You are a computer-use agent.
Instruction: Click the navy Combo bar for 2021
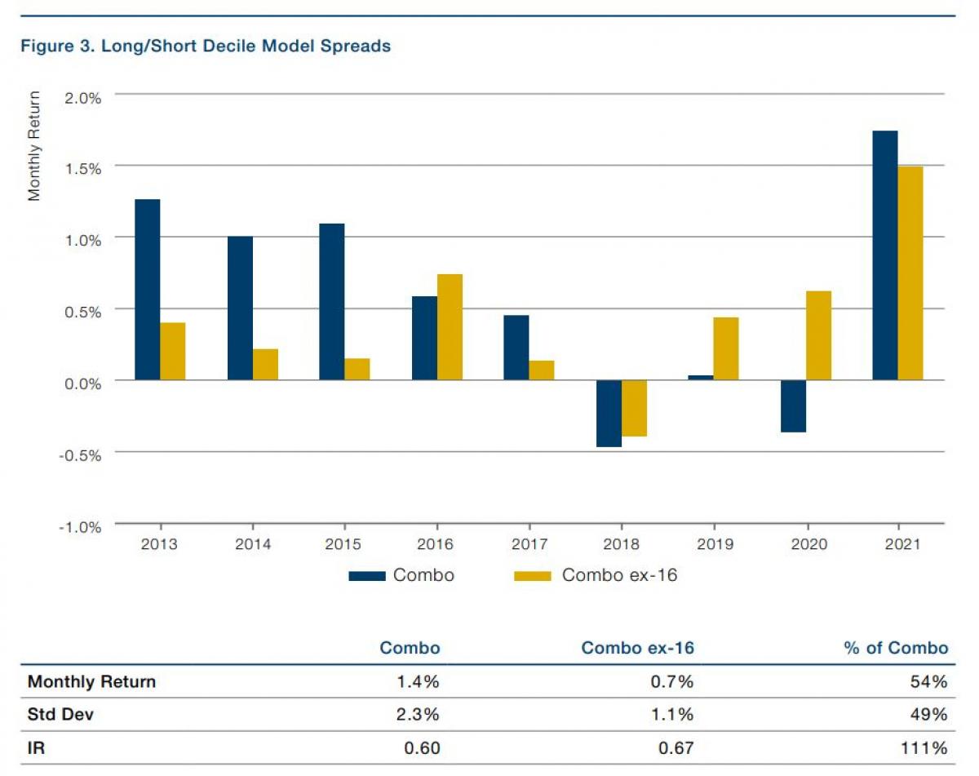[885, 255]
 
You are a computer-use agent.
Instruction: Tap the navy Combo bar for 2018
[609, 414]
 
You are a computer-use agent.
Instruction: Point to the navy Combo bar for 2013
[148, 290]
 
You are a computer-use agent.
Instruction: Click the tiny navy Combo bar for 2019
[701, 378]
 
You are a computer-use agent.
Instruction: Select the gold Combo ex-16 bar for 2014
[265, 365]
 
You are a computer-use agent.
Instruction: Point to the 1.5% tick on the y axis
[81, 168]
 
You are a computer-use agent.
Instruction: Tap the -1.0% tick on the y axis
[79, 526]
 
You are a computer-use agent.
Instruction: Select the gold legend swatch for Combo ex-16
[534, 576]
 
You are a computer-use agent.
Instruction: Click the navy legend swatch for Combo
[366, 576]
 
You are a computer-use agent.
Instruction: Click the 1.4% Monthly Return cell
[421, 682]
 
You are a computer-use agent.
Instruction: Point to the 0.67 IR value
[676, 748]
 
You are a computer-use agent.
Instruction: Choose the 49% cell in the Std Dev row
[932, 715]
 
